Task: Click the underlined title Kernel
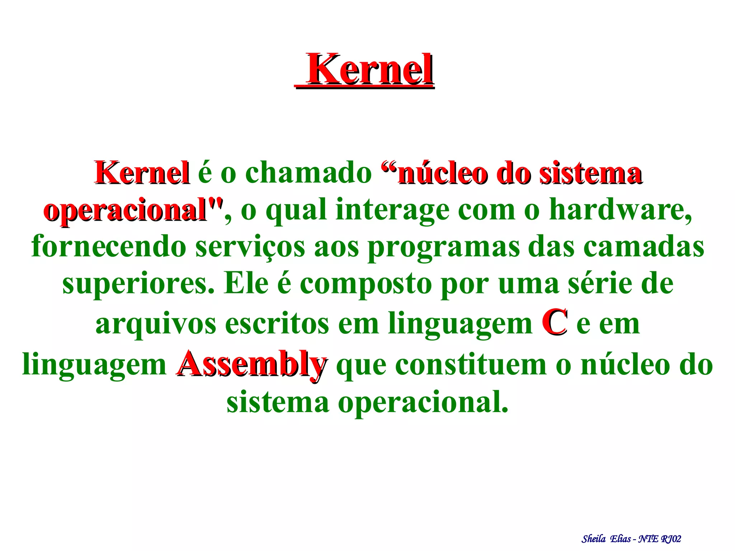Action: pos(370,69)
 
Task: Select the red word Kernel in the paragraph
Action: pos(142,173)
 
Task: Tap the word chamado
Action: pos(308,173)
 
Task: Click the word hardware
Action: pos(620,210)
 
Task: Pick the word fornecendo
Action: pos(109,247)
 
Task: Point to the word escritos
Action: pos(277,323)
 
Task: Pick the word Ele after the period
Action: pos(246,284)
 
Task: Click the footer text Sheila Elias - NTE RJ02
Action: pos(631,539)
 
